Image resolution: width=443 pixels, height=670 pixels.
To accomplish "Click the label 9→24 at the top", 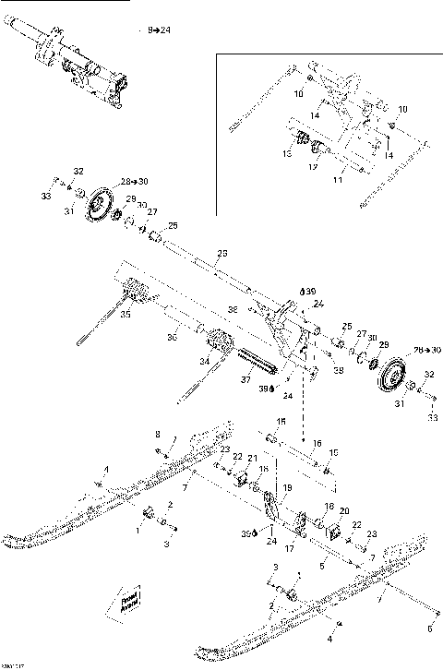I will click(x=158, y=30).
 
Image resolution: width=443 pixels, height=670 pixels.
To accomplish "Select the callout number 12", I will click(x=313, y=168).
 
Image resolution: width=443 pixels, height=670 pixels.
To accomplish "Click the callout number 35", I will click(x=126, y=314).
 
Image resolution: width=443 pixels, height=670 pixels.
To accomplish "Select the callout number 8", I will click(x=157, y=434).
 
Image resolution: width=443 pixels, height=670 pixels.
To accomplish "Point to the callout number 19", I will click(x=287, y=487).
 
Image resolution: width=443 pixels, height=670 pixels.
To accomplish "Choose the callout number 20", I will click(x=344, y=510).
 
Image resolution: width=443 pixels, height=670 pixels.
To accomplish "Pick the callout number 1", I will click(x=138, y=531).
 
